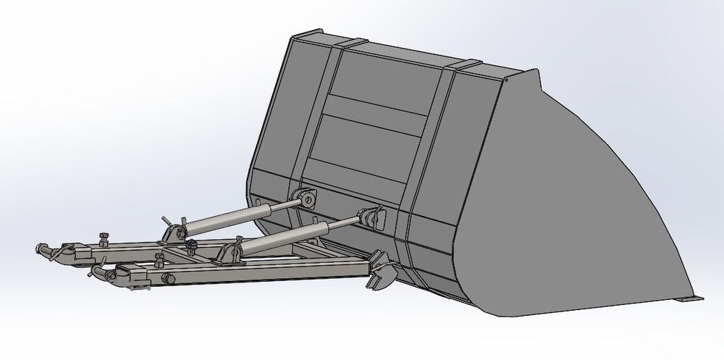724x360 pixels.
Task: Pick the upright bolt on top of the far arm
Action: tap(101, 235)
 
